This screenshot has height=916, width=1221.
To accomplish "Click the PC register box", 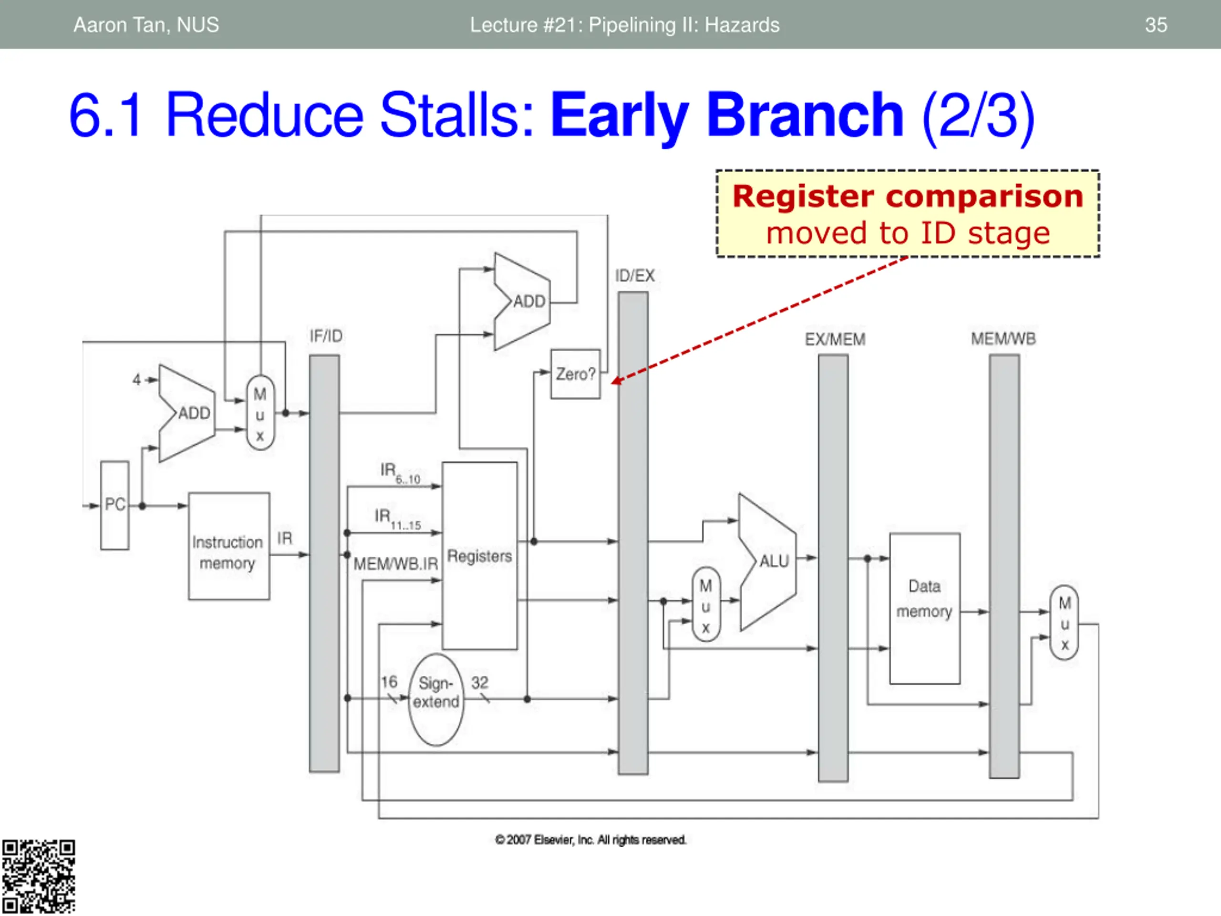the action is pyautogui.click(x=115, y=505).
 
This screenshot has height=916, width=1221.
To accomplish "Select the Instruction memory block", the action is pyautogui.click(x=229, y=546).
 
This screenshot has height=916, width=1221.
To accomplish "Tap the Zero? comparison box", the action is pyautogui.click(x=576, y=374).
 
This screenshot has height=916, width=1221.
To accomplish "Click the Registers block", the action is pyautogui.click(x=480, y=555).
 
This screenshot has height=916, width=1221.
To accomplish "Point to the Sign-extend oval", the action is pyautogui.click(x=436, y=699).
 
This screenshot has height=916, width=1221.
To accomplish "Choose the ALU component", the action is pyautogui.click(x=767, y=562).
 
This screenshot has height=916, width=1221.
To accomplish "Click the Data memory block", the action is pyautogui.click(x=925, y=608).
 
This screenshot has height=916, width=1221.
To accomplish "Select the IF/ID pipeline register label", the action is pyautogui.click(x=326, y=336).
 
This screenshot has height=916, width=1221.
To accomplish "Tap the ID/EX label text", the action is pyautogui.click(x=635, y=276).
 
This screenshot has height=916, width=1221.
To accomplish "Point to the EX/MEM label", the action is pyautogui.click(x=835, y=339).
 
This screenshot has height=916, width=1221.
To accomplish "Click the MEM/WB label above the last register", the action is pyautogui.click(x=1004, y=338).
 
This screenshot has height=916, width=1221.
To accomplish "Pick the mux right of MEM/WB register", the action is pyautogui.click(x=1064, y=623).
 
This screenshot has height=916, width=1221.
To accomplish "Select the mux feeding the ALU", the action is pyautogui.click(x=706, y=604).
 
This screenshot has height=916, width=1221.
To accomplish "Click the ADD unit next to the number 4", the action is pyautogui.click(x=186, y=413).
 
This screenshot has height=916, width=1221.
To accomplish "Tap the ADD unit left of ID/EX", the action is pyautogui.click(x=522, y=302).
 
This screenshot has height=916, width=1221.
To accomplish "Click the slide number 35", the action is pyautogui.click(x=1156, y=25).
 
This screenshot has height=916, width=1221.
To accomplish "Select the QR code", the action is pyautogui.click(x=38, y=877).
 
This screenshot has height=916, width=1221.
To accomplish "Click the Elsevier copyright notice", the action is pyautogui.click(x=590, y=840).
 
